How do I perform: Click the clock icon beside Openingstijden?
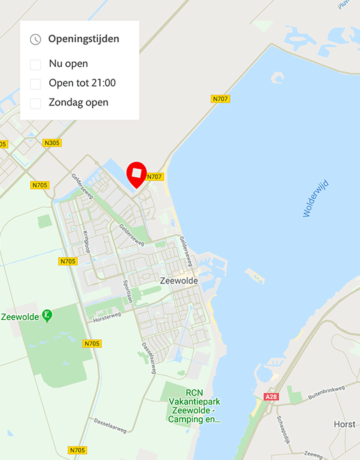(35, 39)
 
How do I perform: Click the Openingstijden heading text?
(84, 39)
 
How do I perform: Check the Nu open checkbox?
(35, 65)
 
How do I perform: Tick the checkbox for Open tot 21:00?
(35, 84)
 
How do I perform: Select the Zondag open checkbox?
(35, 103)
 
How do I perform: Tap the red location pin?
(137, 174)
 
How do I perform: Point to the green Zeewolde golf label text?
(20, 316)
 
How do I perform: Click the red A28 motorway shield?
(271, 397)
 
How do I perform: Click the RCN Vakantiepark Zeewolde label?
(194, 406)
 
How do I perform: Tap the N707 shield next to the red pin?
(155, 177)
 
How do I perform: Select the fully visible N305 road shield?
(51, 143)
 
